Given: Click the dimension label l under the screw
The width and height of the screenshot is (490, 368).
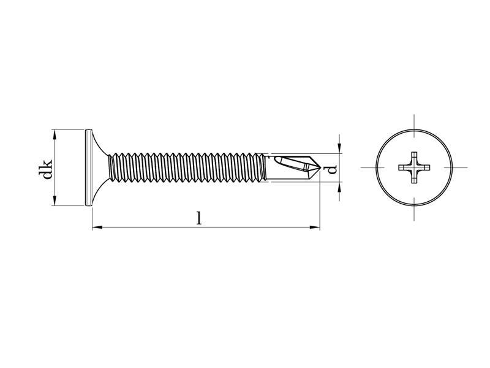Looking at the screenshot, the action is coord(199,218).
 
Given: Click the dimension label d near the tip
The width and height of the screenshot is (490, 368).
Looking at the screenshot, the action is coord(333,169).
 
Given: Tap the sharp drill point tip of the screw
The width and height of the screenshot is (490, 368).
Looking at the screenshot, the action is coord(320,168).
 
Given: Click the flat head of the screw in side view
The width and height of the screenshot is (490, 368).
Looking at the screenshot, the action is coord(88,167).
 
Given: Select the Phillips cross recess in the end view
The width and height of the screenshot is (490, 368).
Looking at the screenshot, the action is coord(414,167).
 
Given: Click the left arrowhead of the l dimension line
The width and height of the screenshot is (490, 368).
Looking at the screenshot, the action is coord(97,227).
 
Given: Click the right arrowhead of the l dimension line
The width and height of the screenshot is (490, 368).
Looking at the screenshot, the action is coord(314,227).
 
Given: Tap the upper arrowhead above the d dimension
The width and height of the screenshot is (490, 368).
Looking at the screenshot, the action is coord(340,148).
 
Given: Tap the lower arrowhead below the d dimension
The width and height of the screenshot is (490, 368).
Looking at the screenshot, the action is coord(340,187).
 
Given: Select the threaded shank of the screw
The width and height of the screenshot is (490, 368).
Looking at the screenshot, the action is coord(187,167).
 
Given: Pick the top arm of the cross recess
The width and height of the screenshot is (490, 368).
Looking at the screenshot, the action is coord(414,158).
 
